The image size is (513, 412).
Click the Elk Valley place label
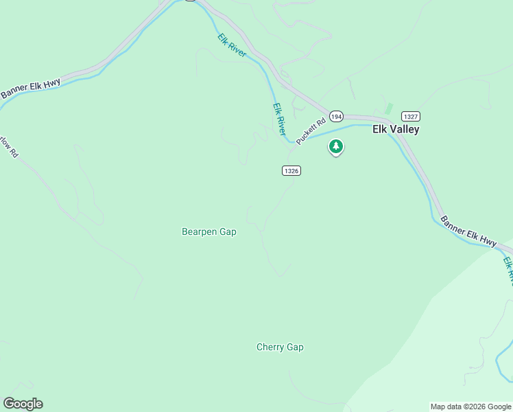395,129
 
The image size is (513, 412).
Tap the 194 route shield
335,116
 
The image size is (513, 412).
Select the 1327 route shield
410,116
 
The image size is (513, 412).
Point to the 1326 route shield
291,170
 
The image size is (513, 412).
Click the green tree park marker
336,146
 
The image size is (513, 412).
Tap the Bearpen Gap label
208,232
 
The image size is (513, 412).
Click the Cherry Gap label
280,347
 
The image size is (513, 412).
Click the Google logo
23,404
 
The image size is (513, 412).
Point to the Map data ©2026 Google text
470,407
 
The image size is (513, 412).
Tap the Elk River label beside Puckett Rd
279,119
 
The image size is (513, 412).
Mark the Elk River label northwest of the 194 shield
232,45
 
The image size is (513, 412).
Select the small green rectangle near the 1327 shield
389,108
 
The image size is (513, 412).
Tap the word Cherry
270,347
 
